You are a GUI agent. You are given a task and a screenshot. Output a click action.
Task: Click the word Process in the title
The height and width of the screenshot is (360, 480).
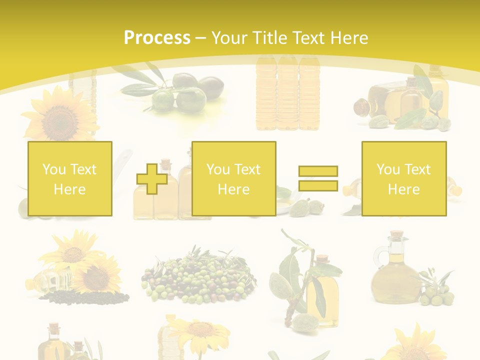coord(157,38)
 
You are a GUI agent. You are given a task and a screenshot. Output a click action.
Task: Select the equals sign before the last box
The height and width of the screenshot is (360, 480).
coord(318,178)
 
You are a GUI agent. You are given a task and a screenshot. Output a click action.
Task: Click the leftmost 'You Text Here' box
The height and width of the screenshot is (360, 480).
coord(70,178)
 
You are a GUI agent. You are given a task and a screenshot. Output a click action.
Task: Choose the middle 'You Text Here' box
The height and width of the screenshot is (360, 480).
coord(234,178)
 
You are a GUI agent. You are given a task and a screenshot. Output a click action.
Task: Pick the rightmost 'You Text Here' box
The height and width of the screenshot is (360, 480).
coord(404,178)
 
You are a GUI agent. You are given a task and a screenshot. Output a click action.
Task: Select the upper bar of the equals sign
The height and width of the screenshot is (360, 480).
coord(318,171)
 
